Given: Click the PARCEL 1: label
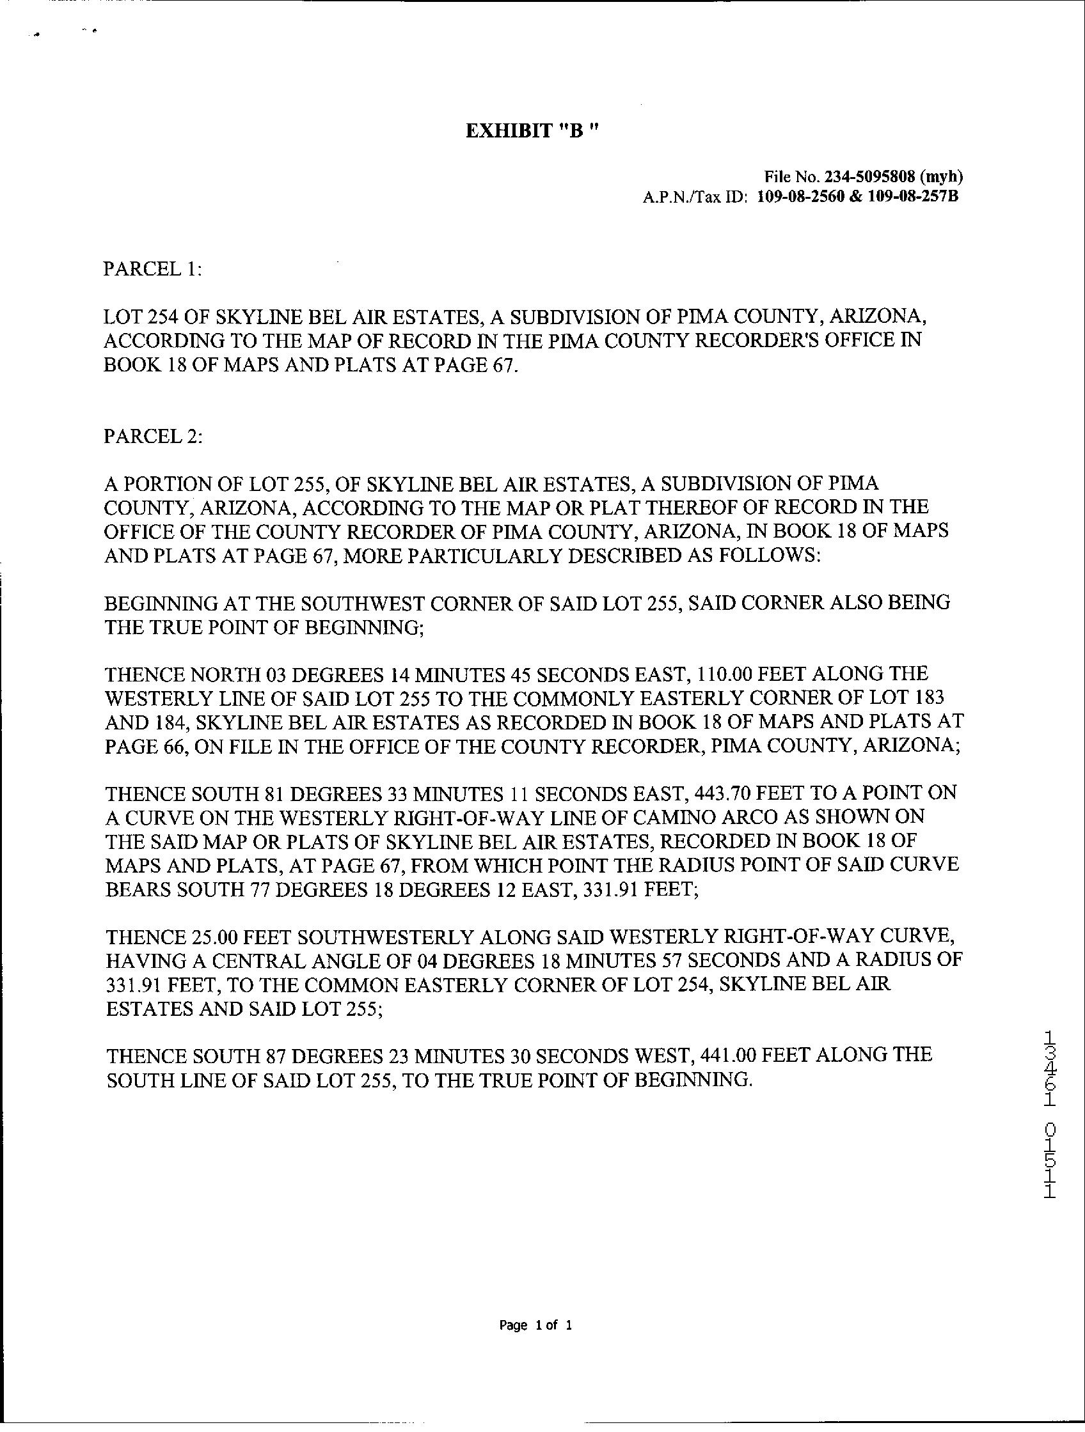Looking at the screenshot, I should pyautogui.click(x=153, y=268).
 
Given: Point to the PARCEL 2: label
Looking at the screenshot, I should pyautogui.click(x=153, y=437).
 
